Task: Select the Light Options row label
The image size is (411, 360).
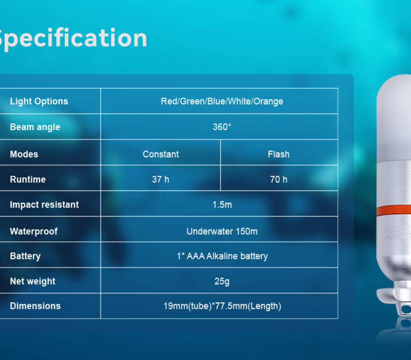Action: point(39,101)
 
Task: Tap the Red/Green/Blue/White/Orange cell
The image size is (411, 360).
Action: point(222,101)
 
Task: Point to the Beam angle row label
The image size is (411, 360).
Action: point(35,127)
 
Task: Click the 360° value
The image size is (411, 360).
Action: point(222,127)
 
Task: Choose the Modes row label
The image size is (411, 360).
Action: point(24,154)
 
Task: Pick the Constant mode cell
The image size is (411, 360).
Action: point(161,154)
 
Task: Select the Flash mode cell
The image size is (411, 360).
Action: point(279,154)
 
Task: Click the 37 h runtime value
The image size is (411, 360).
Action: point(160,179)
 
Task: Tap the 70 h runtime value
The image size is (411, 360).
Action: point(279,179)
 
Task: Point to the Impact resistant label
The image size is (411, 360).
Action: point(44,204)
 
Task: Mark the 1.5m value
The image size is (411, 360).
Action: point(222,204)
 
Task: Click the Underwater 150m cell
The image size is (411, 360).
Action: point(222,231)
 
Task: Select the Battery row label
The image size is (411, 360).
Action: point(25,256)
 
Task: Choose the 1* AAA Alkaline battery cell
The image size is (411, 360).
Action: point(222,256)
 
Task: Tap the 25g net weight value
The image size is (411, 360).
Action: point(222,281)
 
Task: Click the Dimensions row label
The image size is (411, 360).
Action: point(35,306)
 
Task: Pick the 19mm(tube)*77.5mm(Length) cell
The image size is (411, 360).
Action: point(222,306)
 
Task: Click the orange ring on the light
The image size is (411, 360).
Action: point(394,211)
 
